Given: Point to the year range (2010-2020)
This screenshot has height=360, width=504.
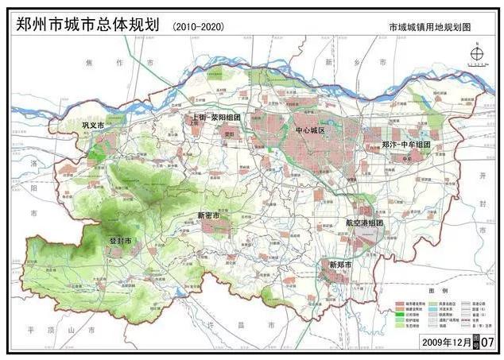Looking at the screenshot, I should (x=198, y=26).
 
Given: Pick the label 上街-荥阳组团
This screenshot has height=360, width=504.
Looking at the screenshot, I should (x=216, y=118).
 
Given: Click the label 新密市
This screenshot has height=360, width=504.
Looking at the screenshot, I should (x=208, y=215).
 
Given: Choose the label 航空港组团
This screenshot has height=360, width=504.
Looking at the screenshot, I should (x=364, y=223).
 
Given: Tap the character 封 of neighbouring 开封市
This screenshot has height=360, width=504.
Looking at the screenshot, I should (x=484, y=203).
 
